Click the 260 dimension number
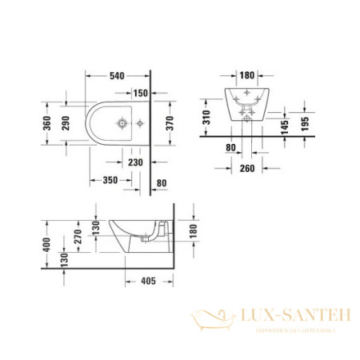tap(247, 168)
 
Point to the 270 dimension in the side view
tap(77, 237)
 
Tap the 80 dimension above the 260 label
tap(230, 147)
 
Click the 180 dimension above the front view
tap(246, 76)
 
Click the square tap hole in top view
tap(120, 124)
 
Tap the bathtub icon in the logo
tap(212, 321)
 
